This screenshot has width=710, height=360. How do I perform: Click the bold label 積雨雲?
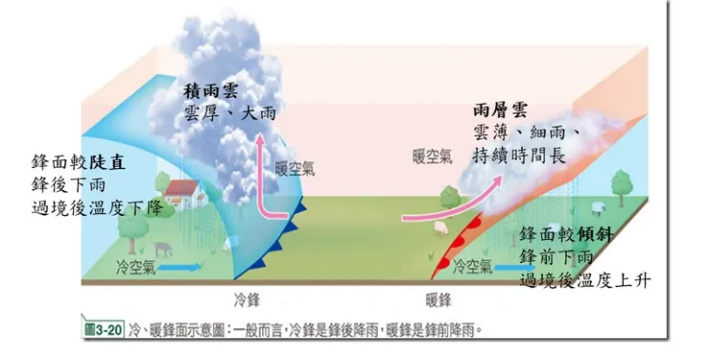(212, 92)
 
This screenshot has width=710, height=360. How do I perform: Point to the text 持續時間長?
(517, 155)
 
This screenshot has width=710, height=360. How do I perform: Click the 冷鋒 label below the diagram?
(248, 298)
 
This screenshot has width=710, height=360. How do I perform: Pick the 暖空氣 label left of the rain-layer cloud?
(433, 156)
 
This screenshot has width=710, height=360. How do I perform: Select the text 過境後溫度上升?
(585, 280)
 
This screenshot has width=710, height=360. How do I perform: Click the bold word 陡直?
(127, 162)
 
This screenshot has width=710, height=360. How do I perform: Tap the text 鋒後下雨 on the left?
(69, 184)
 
